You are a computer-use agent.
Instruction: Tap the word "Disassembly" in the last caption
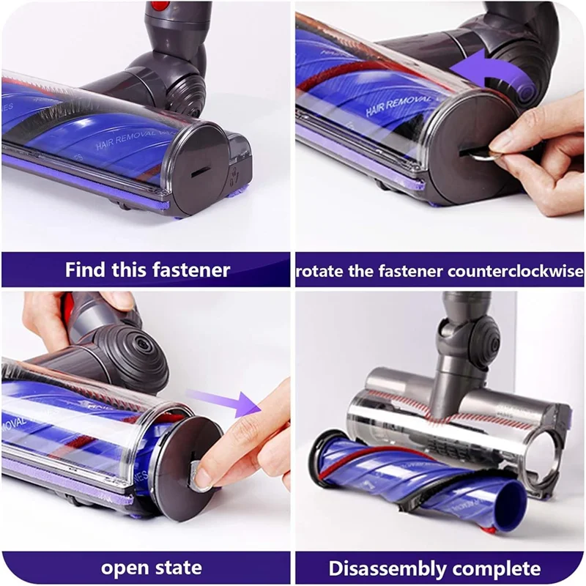click(x=389, y=568)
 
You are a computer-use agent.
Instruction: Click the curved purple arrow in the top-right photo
click(x=483, y=77)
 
